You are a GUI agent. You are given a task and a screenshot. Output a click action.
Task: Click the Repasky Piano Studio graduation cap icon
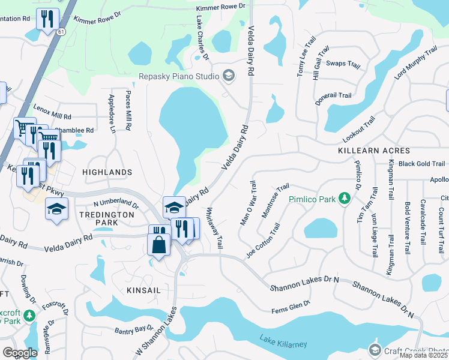[228, 76]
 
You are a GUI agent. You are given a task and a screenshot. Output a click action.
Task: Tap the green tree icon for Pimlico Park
[345, 197]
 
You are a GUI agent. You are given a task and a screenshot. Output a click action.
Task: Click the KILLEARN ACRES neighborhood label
[374, 151]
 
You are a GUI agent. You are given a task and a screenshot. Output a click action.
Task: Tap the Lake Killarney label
[283, 343]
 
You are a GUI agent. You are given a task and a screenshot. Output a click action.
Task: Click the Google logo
[20, 352]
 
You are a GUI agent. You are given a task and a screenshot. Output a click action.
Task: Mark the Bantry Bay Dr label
[134, 329]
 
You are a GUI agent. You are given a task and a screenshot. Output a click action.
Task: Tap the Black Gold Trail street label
[421, 164]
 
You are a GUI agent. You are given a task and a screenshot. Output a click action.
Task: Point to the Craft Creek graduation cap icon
[375, 350]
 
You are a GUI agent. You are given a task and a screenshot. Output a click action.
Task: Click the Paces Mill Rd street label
[128, 112]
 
